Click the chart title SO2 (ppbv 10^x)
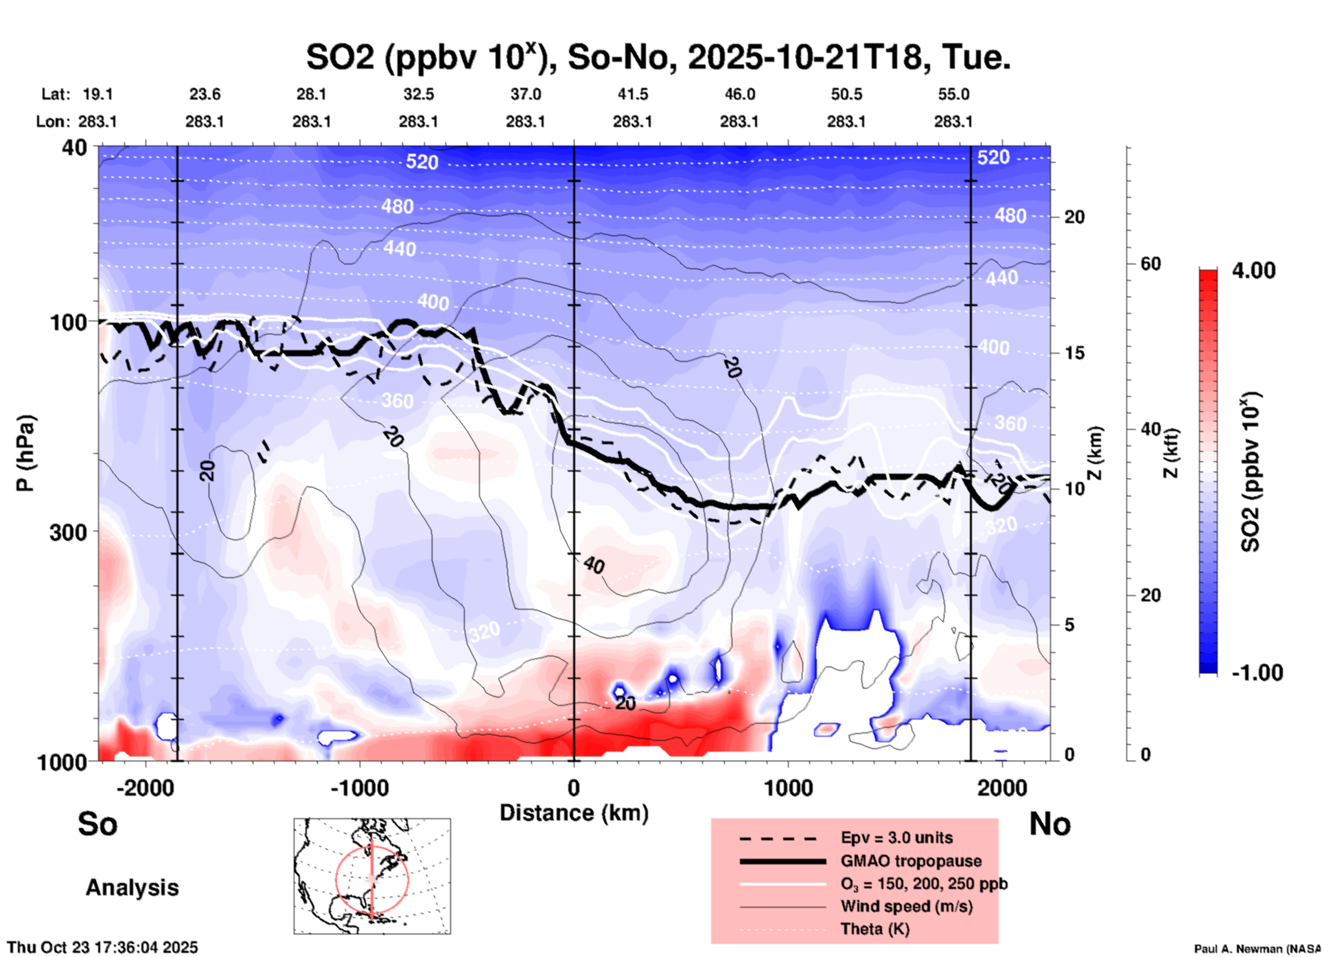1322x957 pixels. point(658,57)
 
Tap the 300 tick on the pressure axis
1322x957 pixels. point(69,531)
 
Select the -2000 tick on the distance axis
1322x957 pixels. point(146,787)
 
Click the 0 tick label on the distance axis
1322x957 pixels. point(574,787)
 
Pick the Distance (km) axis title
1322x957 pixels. point(574,813)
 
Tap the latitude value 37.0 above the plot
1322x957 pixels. point(526,94)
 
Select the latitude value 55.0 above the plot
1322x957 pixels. point(953,94)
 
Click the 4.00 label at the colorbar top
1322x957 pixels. point(1253,270)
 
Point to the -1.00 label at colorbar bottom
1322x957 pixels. point(1256,672)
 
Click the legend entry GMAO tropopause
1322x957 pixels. point(911,861)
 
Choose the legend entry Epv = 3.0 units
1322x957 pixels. point(896,838)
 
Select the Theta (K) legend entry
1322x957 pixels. point(874,929)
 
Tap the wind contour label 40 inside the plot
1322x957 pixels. point(594,565)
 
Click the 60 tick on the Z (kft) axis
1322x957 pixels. point(1150,264)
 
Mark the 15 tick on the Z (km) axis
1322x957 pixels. point(1074,353)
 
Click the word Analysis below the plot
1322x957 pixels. point(132,887)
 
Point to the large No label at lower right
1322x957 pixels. point(1050,824)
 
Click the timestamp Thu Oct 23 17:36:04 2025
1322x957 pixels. point(102,947)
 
